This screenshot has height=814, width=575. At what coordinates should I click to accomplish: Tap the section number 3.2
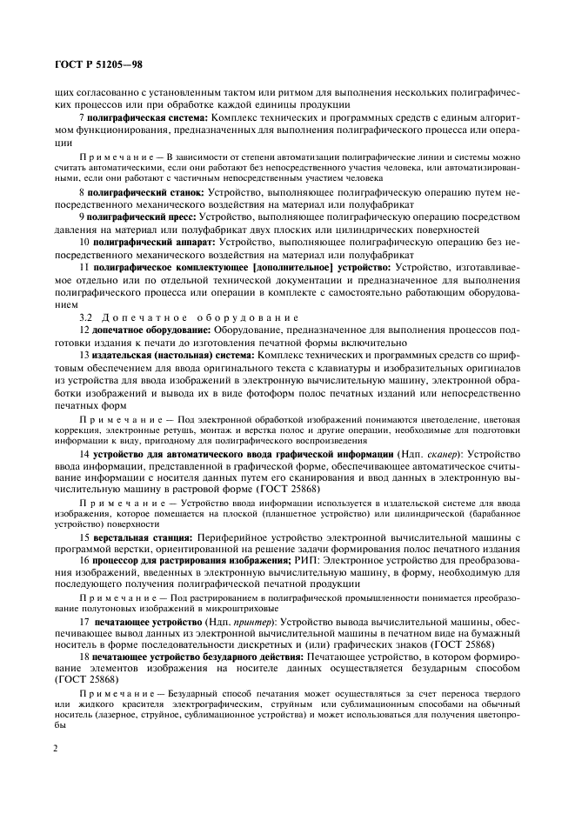86,318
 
